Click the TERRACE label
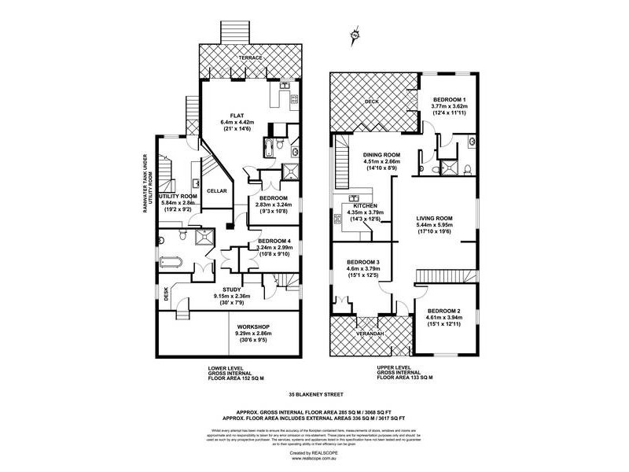251,59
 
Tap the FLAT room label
237,116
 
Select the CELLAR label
216,191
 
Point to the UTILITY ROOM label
177,196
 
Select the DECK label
372,102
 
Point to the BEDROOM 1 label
450,99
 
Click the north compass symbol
355,35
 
